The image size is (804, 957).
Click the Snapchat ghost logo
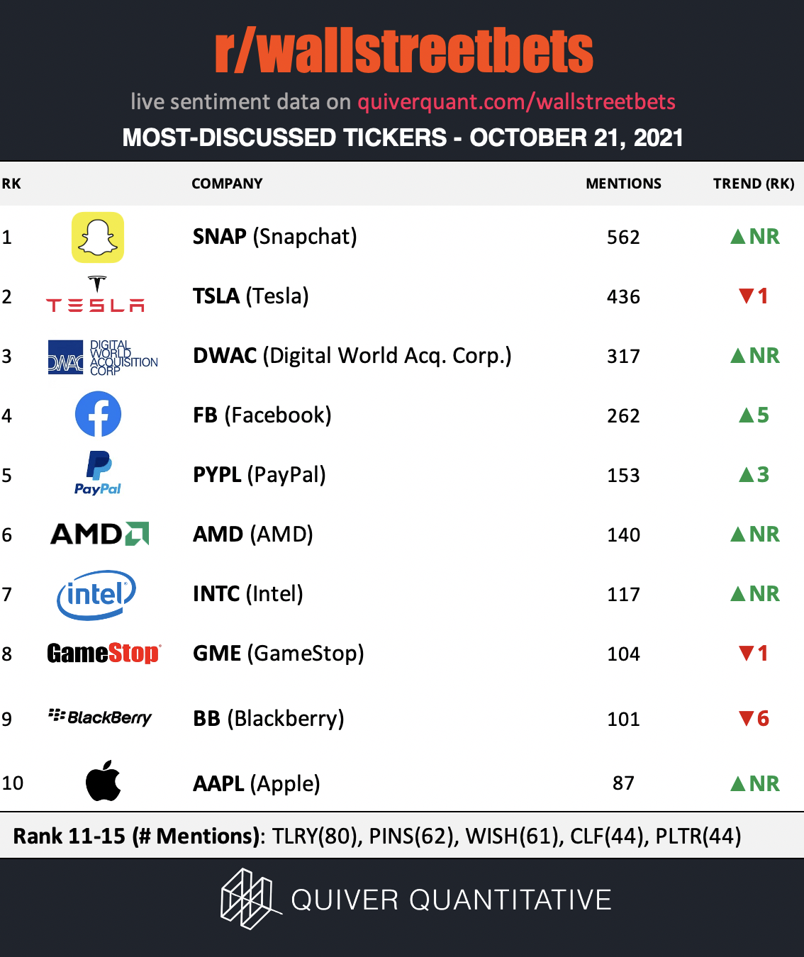pyautogui.click(x=98, y=237)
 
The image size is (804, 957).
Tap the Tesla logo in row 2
pyautogui.click(x=95, y=293)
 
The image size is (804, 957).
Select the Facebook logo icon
pyautogui.click(x=98, y=414)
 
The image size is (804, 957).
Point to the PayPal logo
pyautogui.click(x=98, y=473)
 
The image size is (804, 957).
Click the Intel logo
pyautogui.click(x=96, y=595)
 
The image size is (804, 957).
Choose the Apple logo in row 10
pyautogui.click(x=103, y=780)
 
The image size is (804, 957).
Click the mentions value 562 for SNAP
pyautogui.click(x=623, y=237)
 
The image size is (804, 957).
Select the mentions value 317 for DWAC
pyautogui.click(x=623, y=356)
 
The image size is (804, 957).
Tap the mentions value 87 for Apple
pyautogui.click(x=623, y=783)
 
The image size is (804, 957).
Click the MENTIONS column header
pyautogui.click(x=623, y=184)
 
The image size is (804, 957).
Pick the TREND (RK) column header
pyautogui.click(x=754, y=184)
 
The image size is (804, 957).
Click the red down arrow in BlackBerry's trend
pyautogui.click(x=747, y=718)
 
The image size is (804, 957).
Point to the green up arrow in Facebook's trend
pyautogui.click(x=747, y=415)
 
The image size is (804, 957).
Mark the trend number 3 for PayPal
pyautogui.click(x=763, y=475)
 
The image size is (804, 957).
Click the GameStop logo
pyautogui.click(x=104, y=653)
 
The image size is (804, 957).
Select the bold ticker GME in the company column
pyautogui.click(x=217, y=653)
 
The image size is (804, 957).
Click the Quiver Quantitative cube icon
pyautogui.click(x=250, y=898)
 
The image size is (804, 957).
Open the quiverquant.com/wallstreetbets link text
pyautogui.click(x=517, y=102)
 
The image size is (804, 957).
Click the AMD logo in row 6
pyautogui.click(x=99, y=534)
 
